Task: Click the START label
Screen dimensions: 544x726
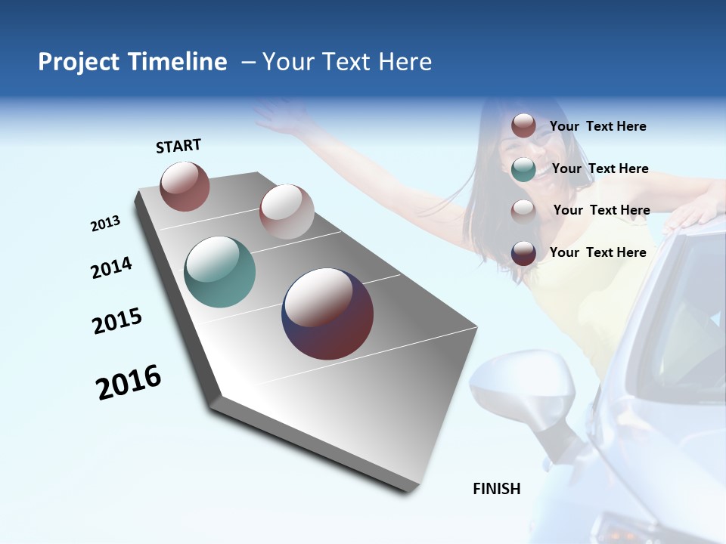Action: [x=178, y=146]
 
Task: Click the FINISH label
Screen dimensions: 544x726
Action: [x=497, y=489]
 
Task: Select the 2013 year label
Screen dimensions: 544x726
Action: [x=106, y=224]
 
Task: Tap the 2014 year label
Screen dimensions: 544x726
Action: [x=112, y=267]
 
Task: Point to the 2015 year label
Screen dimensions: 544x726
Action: [x=117, y=321]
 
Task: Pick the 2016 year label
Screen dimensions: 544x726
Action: [x=129, y=382]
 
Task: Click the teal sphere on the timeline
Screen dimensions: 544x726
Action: [x=220, y=272]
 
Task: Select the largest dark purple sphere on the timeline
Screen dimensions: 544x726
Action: [x=327, y=314]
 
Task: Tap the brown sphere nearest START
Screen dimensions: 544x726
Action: [x=185, y=186]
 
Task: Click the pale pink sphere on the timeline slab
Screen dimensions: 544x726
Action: [x=287, y=212]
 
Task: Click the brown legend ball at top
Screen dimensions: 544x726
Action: [x=523, y=125]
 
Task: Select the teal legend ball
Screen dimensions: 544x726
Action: [x=523, y=169]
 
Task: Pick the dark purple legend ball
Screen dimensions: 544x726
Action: [x=523, y=253]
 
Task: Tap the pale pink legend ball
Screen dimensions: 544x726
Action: [x=523, y=211]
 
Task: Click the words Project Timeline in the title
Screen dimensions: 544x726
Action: [x=132, y=62]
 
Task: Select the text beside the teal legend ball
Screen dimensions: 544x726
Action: [x=600, y=168]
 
